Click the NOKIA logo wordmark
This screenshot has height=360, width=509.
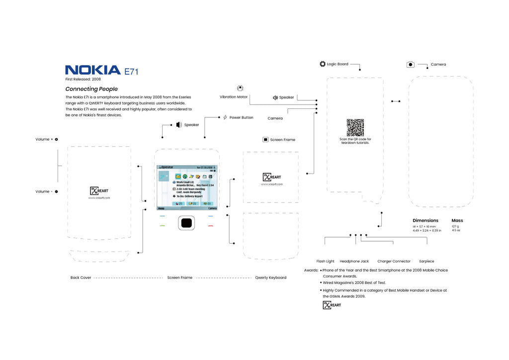(x=93, y=70)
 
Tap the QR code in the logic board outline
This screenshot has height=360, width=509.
(x=355, y=127)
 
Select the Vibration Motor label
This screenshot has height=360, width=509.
(x=234, y=97)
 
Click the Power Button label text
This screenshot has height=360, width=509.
(x=241, y=118)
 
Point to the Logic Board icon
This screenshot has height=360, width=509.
(x=322, y=64)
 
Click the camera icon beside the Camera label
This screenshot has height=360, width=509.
(x=410, y=64)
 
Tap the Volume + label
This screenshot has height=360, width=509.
(x=44, y=139)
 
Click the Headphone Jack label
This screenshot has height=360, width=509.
(x=354, y=261)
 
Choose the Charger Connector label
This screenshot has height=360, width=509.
(x=394, y=261)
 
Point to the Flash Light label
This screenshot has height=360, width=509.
(x=325, y=261)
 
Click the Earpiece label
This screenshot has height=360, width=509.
(x=426, y=261)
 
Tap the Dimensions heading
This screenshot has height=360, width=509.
(x=425, y=220)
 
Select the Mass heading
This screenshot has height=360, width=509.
(x=457, y=220)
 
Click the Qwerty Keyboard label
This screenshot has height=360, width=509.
(x=270, y=277)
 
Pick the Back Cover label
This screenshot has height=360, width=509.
(x=81, y=277)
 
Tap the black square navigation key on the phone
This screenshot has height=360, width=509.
(x=186, y=223)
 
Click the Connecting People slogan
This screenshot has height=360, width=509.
(x=91, y=89)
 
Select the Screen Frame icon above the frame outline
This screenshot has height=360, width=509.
(x=265, y=140)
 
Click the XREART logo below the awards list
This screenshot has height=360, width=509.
(x=332, y=305)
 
